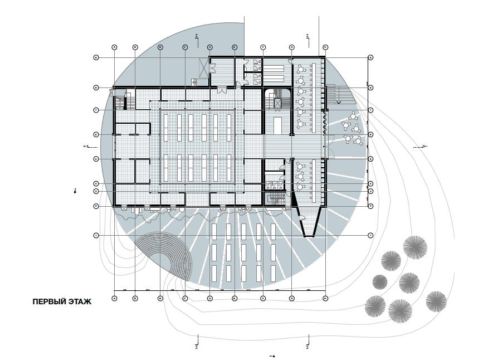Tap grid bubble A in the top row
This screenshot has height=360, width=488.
click(x=115, y=47)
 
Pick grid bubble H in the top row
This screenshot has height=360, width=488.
click(x=325, y=47)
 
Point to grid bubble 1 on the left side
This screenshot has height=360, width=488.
click(x=96, y=236)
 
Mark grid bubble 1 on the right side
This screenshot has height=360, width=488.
click(x=370, y=236)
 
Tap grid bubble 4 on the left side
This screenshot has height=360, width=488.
click(x=96, y=184)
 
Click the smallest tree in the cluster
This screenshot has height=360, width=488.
click(x=379, y=281)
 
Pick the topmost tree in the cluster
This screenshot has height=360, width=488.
click(x=416, y=246)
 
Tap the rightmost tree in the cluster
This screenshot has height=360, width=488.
click(x=436, y=304)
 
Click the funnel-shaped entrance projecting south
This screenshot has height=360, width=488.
click(x=309, y=221)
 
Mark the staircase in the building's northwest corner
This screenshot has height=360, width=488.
click(x=121, y=103)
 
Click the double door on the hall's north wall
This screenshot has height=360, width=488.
click(x=222, y=89)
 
